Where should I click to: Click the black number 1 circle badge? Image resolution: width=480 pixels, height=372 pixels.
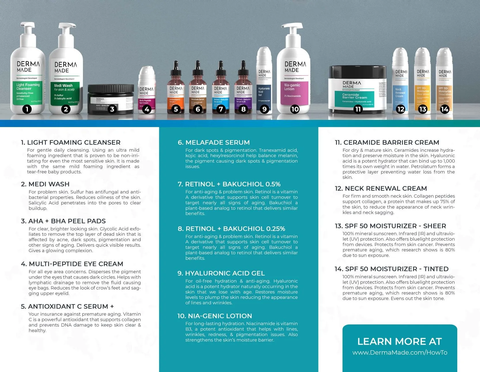click(x=27, y=109)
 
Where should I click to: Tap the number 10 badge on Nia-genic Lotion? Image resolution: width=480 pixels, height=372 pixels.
click(x=295, y=109)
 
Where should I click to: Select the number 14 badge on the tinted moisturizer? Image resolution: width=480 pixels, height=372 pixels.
click(x=444, y=109)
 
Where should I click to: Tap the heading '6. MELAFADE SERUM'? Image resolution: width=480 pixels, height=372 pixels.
click(x=214, y=142)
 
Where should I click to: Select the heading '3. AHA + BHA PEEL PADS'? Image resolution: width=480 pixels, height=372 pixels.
click(x=63, y=221)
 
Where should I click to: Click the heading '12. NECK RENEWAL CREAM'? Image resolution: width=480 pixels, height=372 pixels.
click(x=381, y=188)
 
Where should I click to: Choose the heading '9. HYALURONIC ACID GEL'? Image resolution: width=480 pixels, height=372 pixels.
click(x=221, y=273)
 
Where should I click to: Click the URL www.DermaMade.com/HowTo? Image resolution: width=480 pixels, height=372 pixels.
click(x=400, y=352)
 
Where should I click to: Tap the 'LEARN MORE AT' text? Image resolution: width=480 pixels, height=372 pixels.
click(x=400, y=341)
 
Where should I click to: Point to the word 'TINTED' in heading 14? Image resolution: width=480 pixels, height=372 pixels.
click(x=436, y=269)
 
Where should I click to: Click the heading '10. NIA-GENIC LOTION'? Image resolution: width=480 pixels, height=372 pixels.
click(x=215, y=316)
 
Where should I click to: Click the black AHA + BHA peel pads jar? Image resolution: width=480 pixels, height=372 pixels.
click(x=111, y=99)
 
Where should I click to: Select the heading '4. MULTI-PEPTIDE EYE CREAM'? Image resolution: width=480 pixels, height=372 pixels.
click(x=72, y=264)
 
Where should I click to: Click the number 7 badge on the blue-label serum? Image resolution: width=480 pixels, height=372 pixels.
click(x=221, y=109)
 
